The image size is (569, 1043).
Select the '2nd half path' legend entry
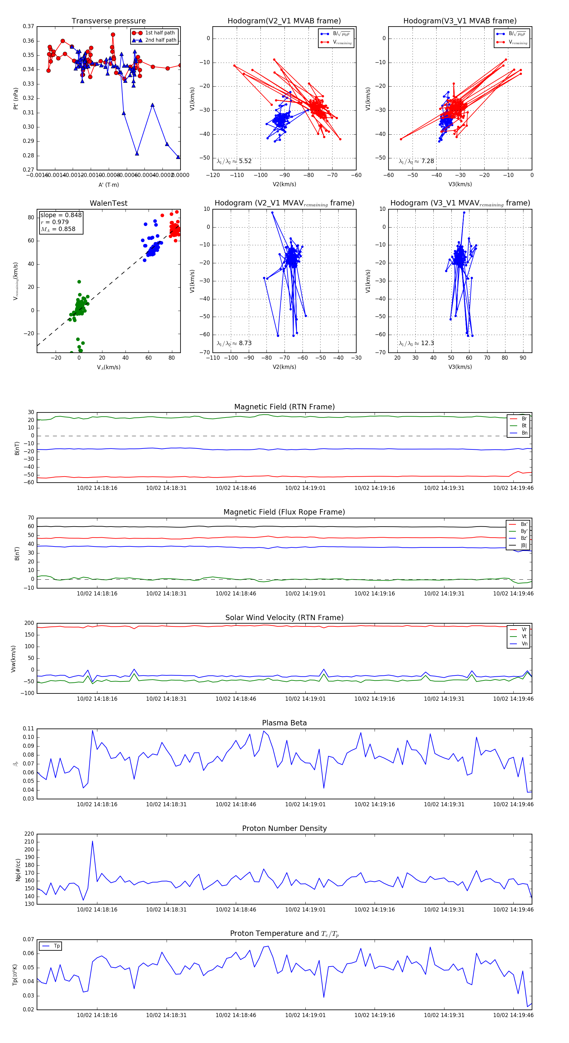click(x=160, y=40)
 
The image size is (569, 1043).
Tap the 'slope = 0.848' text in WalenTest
click(x=61, y=215)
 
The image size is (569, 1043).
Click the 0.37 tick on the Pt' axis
click(x=28, y=26)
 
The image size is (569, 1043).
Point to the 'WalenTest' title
click(x=108, y=203)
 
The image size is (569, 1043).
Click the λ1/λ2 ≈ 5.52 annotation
click(x=234, y=161)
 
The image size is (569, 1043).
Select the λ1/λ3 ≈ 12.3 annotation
click(x=416, y=343)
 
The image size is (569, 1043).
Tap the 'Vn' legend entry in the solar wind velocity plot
click(x=524, y=644)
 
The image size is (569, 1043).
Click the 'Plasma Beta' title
click(x=284, y=723)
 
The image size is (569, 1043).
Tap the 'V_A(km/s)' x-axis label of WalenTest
click(x=108, y=367)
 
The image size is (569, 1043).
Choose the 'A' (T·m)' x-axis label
click(x=108, y=185)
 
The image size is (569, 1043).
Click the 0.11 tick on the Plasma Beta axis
click(x=28, y=729)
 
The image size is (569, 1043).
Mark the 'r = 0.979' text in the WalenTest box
click(x=55, y=222)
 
